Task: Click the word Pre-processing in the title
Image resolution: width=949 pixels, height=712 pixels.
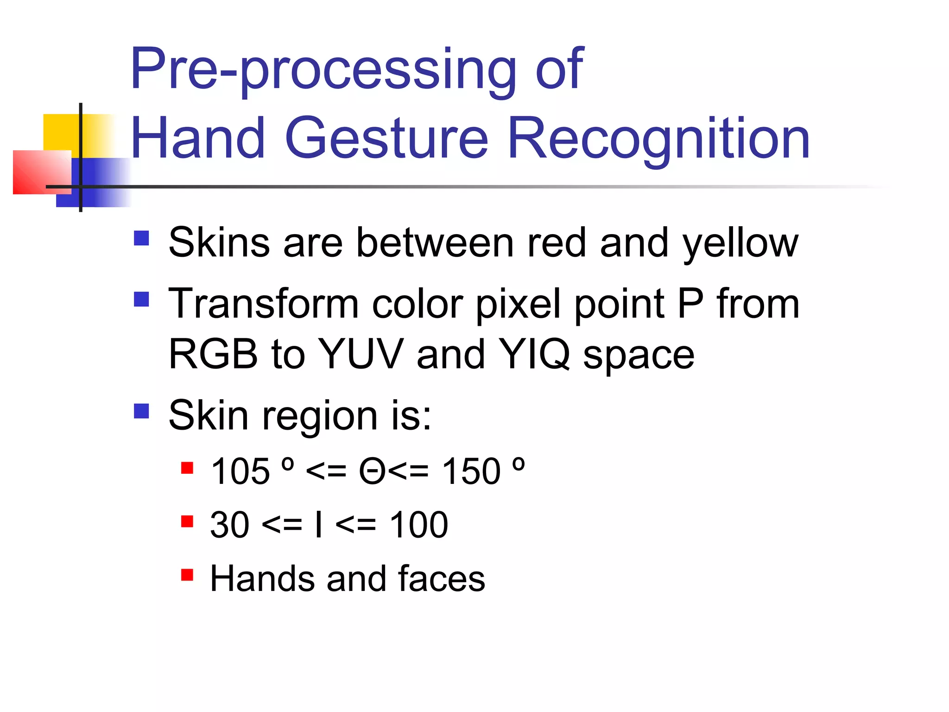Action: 323,70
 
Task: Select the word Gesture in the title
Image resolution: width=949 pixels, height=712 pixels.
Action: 386,138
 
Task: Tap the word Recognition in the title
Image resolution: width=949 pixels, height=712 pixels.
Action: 658,138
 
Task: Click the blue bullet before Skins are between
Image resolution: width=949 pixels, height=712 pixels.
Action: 141,238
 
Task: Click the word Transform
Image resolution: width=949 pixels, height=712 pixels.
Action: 264,304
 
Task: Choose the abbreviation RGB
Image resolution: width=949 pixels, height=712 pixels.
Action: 213,354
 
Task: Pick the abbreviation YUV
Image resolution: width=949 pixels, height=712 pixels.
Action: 361,354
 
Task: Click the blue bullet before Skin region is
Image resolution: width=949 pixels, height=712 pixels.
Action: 141,411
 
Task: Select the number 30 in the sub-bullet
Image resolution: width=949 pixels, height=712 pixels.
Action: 230,525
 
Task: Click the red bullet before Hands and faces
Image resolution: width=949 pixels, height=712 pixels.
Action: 187,575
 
